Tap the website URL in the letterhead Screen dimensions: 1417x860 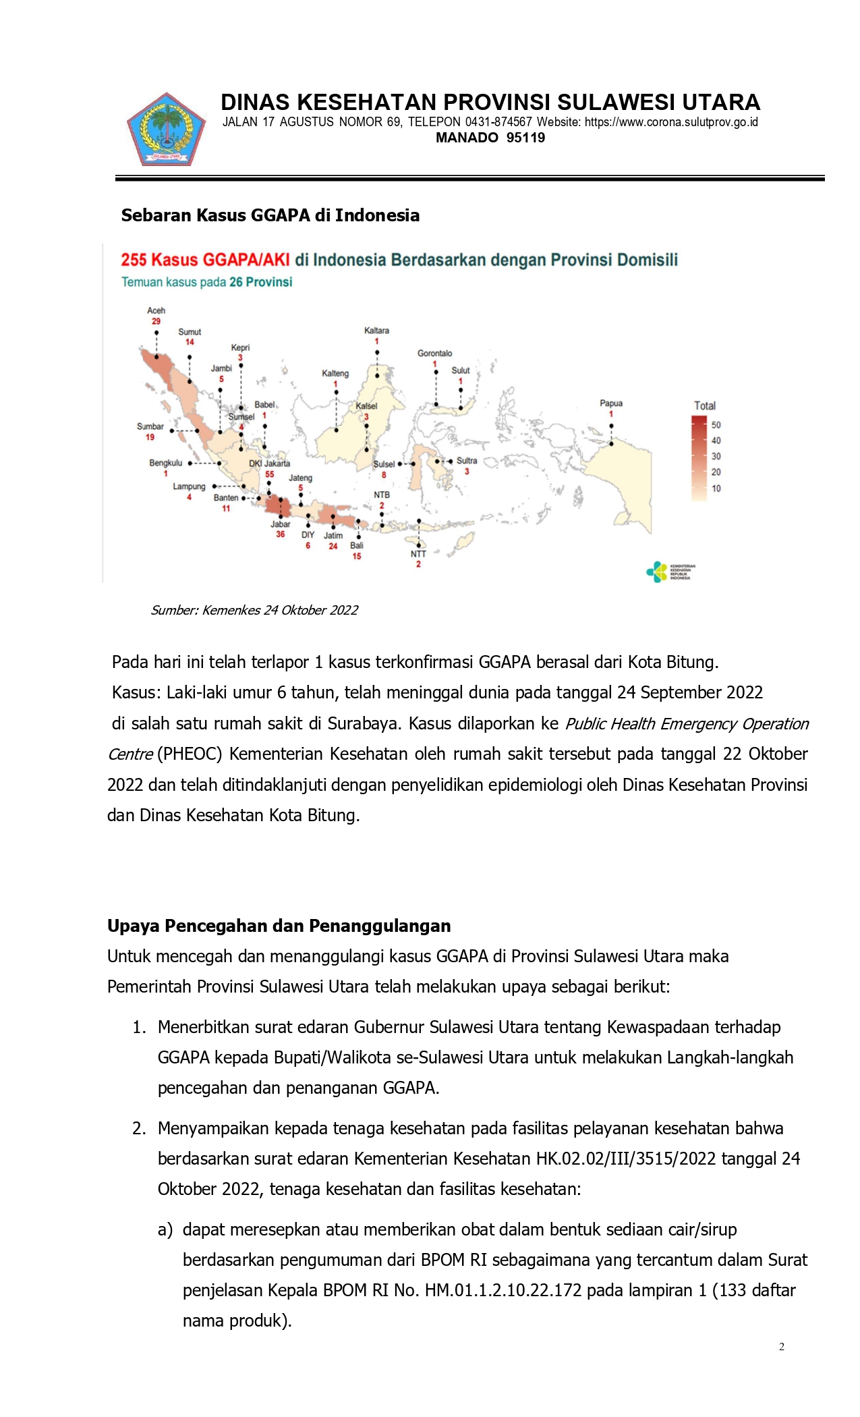click(671, 122)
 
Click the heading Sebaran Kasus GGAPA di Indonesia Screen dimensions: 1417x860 click(270, 215)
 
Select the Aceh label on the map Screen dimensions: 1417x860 click(156, 310)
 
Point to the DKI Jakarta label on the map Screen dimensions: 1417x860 click(269, 464)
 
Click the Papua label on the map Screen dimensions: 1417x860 click(611, 404)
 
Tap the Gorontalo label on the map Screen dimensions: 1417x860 click(434, 353)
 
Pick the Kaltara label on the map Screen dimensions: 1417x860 click(376, 331)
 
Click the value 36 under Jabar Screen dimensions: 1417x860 click(281, 534)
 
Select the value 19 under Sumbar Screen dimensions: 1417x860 click(150, 437)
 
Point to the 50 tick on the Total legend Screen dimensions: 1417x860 click(716, 425)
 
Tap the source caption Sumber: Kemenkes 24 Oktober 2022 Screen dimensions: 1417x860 click(254, 610)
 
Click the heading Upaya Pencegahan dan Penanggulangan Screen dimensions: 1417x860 click(279, 925)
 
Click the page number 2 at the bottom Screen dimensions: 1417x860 click(782, 1347)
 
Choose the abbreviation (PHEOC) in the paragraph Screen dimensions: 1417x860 click(190, 754)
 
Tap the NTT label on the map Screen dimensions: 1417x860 click(418, 554)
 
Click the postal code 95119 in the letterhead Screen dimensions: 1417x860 click(525, 138)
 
